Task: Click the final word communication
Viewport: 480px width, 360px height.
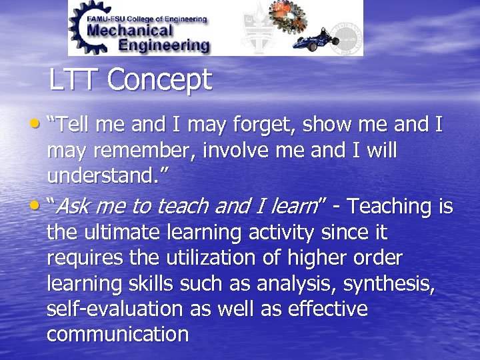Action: [x=117, y=334]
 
